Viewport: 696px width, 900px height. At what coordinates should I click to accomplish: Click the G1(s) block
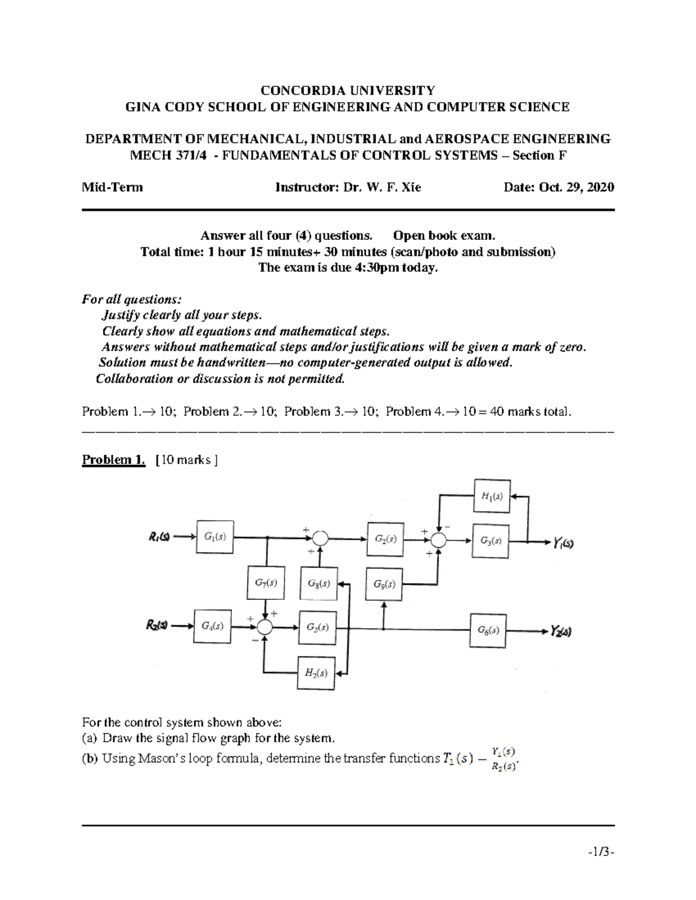(x=215, y=537)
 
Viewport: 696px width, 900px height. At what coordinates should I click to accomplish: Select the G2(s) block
(x=385, y=539)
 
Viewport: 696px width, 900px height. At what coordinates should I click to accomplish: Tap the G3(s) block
(x=491, y=541)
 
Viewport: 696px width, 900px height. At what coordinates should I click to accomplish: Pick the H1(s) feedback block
(x=492, y=496)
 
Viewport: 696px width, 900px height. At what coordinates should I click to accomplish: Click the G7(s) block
(x=266, y=582)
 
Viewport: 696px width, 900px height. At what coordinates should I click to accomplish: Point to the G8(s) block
(x=319, y=584)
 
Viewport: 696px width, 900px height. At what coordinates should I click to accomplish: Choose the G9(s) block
(x=384, y=584)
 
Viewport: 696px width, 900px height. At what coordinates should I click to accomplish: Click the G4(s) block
(x=212, y=626)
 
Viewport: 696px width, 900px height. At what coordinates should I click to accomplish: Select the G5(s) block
(x=317, y=628)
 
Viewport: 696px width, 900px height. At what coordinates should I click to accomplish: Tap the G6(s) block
(x=488, y=631)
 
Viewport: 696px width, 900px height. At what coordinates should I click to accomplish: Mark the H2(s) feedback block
(x=316, y=673)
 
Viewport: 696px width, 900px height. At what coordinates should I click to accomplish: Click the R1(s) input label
(x=159, y=537)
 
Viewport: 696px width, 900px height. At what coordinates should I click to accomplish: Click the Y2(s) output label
(x=561, y=631)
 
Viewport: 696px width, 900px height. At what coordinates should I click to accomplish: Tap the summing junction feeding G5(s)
(x=264, y=627)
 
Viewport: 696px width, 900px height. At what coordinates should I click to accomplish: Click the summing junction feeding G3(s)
(x=438, y=540)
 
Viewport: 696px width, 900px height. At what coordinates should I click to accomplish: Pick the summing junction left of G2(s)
(x=320, y=538)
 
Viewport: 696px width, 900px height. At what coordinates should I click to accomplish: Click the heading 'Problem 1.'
(x=113, y=460)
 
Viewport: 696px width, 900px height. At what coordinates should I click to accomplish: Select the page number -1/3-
(x=600, y=852)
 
